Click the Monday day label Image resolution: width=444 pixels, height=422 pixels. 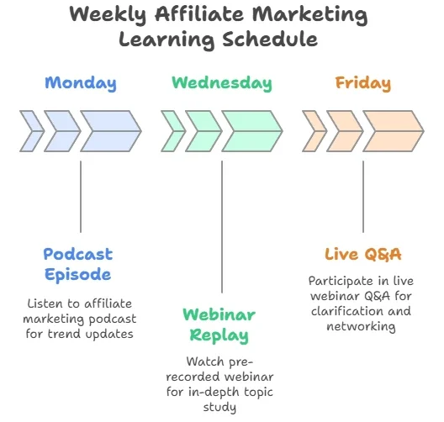coord(81,83)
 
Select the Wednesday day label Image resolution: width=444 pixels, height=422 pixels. coord(222,83)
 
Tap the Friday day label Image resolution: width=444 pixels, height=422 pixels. coord(363,83)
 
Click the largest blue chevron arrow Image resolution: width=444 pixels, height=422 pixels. coord(111,131)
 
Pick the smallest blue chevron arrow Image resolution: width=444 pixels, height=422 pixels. coord(32,131)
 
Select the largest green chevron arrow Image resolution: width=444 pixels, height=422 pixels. coord(252,131)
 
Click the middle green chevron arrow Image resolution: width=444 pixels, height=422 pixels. coord(203,131)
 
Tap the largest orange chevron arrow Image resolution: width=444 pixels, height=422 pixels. coord(394,131)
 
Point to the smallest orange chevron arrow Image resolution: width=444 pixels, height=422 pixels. coord(314,131)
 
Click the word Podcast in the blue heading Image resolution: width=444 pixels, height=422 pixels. coord(78,254)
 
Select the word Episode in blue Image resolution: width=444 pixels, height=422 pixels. coord(78,275)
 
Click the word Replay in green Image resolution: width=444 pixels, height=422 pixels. coord(219,335)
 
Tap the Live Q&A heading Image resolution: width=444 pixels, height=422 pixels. coord(363,254)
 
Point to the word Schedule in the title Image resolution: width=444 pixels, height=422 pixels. coord(270,39)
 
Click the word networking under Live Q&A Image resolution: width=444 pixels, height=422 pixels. coord(361,326)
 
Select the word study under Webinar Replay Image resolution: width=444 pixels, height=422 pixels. coord(219,408)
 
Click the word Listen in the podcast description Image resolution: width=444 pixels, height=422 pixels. coord(45,303)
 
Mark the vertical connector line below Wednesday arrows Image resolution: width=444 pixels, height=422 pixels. coord(222,227)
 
